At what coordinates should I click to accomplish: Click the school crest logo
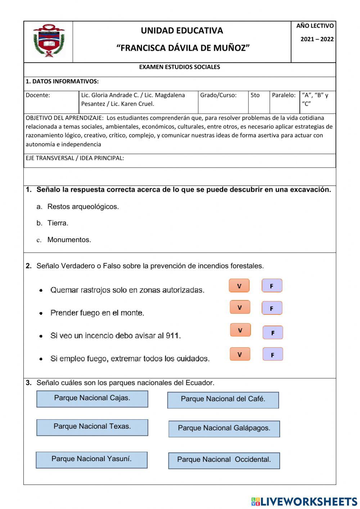(49, 41)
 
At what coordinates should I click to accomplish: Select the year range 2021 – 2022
(317, 39)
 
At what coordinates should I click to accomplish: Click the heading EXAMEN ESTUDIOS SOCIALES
(179, 67)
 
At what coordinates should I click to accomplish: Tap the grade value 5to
(255, 95)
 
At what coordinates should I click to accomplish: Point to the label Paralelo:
(283, 95)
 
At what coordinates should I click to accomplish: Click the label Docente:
(38, 95)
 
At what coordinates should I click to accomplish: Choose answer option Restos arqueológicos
(83, 207)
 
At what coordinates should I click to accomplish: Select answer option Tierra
(58, 223)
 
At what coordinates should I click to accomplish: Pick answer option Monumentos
(69, 240)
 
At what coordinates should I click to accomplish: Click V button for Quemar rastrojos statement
(239, 286)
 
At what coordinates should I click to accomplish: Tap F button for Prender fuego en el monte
(272, 308)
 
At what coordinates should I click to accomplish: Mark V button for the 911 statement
(240, 330)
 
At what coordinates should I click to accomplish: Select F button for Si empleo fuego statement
(273, 355)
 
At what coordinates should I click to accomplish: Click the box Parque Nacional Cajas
(92, 399)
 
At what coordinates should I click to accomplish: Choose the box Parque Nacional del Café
(223, 400)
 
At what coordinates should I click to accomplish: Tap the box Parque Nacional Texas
(92, 428)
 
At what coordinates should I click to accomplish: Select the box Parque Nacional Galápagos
(224, 429)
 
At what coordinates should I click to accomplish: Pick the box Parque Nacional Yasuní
(91, 460)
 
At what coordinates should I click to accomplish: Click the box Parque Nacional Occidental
(224, 461)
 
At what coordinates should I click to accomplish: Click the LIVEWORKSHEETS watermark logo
(304, 501)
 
